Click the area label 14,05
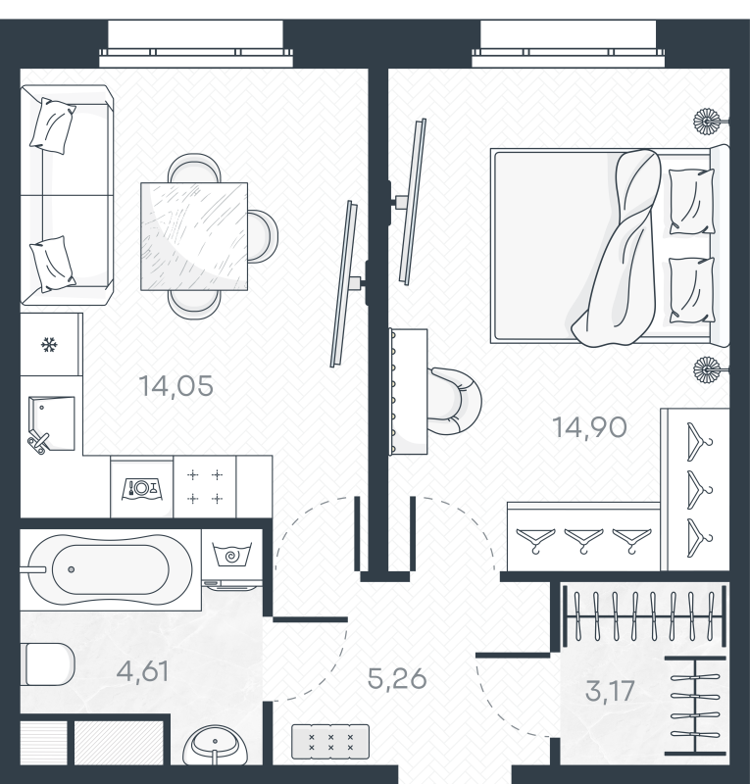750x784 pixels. coord(175,386)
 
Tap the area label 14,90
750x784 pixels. coord(589,427)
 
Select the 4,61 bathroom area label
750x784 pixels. coord(142,671)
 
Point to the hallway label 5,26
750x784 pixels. coord(397,679)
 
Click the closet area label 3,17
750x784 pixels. coord(610,691)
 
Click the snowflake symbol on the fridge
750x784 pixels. coord(49,345)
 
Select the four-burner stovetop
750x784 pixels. coord(205,486)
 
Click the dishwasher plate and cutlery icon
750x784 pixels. coord(141,488)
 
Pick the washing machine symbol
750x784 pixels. coord(231,554)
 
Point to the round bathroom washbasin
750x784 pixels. coord(215,746)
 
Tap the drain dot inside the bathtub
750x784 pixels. coord(72,569)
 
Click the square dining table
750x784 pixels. coord(194,236)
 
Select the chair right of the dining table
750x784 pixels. coord(263,236)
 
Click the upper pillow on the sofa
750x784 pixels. coord(53,125)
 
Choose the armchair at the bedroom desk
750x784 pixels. coord(454,401)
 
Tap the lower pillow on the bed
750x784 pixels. coord(692,290)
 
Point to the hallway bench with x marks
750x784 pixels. coord(330,742)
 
